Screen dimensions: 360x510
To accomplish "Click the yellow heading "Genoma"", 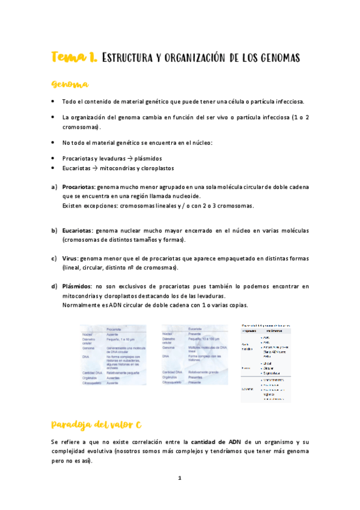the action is (x=70, y=84).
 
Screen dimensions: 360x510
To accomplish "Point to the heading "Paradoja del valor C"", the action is (x=96, y=425).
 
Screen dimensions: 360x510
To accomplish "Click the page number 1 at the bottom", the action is (x=180, y=478).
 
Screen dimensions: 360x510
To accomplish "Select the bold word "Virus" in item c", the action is (x=70, y=259).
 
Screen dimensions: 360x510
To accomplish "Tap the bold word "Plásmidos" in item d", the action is (x=78, y=286).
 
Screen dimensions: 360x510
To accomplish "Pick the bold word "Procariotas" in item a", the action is (x=79, y=187).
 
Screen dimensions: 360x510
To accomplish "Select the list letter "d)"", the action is (x=54, y=286).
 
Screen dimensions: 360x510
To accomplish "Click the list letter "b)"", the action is (x=54, y=230).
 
